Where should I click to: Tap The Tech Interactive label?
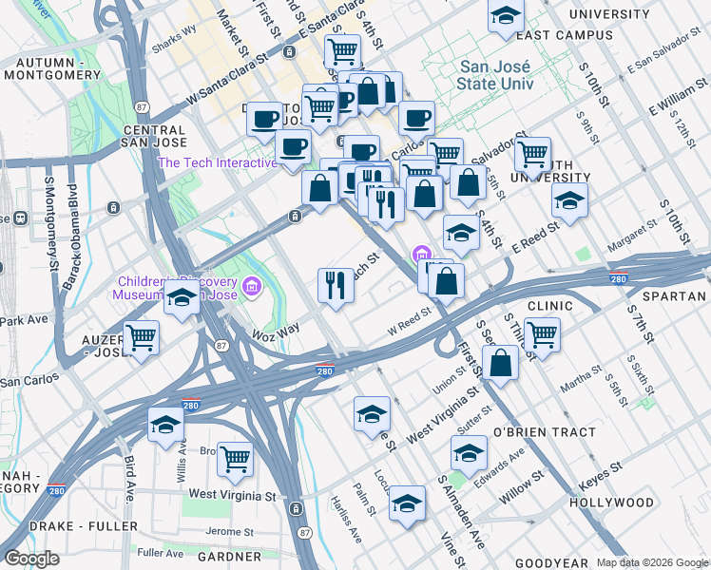[218, 162]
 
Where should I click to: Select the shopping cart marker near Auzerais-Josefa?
[141, 336]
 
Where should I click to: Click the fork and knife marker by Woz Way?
[336, 283]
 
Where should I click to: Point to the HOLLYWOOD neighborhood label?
[611, 502]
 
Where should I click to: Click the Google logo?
[31, 559]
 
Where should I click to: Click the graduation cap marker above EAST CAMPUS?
[506, 15]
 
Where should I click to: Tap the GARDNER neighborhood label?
[229, 556]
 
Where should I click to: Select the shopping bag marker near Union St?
[500, 362]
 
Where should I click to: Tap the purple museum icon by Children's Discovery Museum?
[251, 286]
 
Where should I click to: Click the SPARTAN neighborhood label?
[674, 296]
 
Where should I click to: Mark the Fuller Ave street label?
[160, 552]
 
